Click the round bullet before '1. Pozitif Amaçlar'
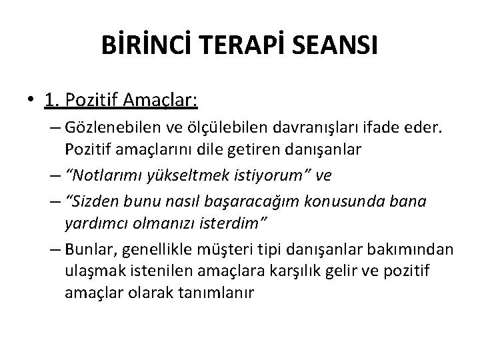tap(32, 101)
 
